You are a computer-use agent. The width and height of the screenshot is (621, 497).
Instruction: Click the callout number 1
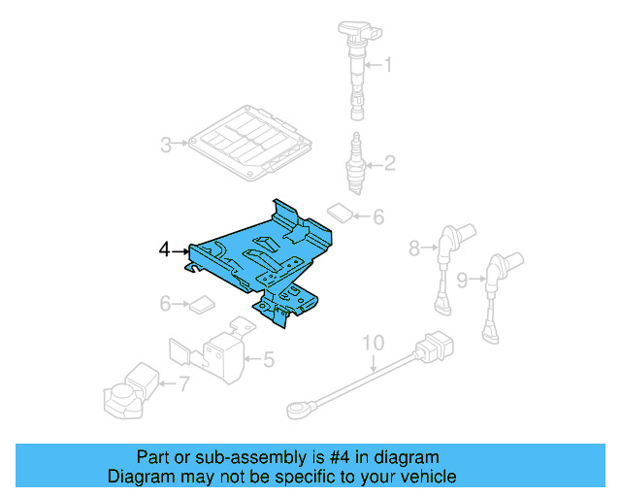pos(389,66)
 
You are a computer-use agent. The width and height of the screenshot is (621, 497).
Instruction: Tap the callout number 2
pos(389,163)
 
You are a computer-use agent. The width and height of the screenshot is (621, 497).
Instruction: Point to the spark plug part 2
pos(356,160)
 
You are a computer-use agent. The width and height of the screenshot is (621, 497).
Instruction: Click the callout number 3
pos(166,146)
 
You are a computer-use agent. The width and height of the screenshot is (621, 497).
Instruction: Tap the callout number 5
pos(269,360)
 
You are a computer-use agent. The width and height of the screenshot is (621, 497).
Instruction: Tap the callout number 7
pos(184,384)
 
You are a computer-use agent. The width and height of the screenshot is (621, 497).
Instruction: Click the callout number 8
pos(414,248)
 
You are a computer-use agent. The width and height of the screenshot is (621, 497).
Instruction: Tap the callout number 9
pos(463,280)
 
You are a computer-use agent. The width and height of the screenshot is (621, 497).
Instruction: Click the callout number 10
pos(374,344)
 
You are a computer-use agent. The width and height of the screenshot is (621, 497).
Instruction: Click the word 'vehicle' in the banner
pos(422,477)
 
